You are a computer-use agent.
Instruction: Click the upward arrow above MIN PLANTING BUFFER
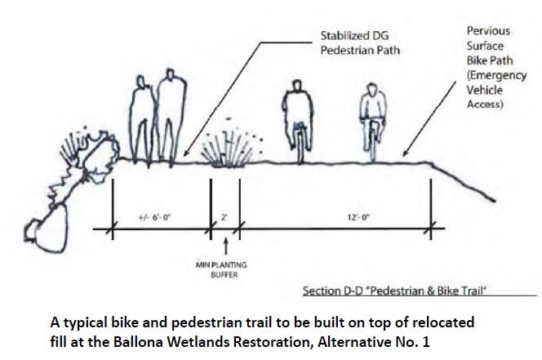point(226,246)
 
